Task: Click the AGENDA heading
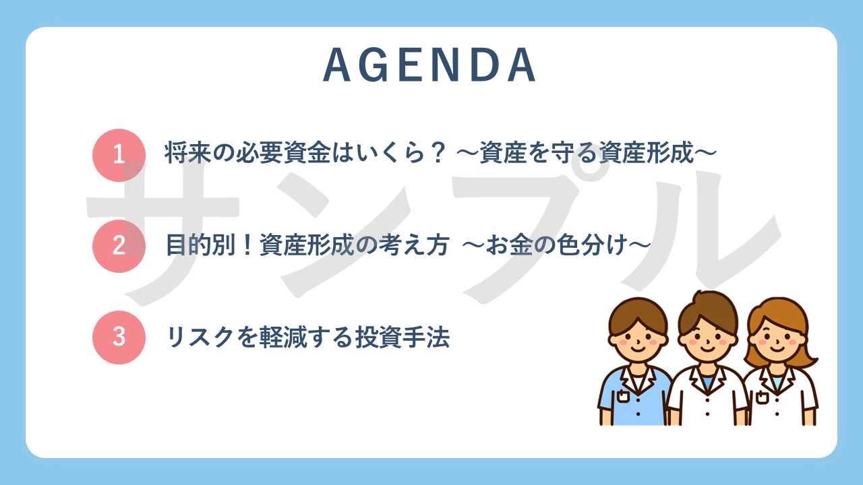[429, 65]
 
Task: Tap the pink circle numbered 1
[119, 155]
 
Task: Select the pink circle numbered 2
[119, 246]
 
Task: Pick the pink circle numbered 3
[119, 337]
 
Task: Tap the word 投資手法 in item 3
[403, 337]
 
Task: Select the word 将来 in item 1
[187, 153]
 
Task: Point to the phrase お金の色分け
[556, 245]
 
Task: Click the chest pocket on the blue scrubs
[623, 396]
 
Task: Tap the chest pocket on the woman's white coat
[762, 397]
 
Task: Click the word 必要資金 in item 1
[282, 153]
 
